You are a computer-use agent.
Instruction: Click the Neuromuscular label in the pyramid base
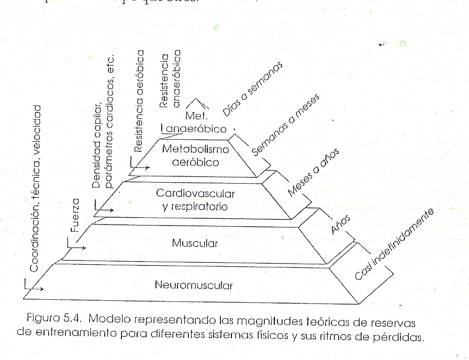194,286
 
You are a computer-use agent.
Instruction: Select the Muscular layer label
195,243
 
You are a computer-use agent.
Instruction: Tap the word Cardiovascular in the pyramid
195,193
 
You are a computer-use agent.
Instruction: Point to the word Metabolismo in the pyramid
195,149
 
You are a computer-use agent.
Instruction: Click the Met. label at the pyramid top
197,115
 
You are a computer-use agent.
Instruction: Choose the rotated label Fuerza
75,215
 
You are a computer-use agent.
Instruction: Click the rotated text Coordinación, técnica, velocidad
35,188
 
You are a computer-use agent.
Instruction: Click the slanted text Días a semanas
252,89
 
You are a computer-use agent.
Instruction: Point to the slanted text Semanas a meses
286,127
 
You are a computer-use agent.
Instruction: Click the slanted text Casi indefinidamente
394,244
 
